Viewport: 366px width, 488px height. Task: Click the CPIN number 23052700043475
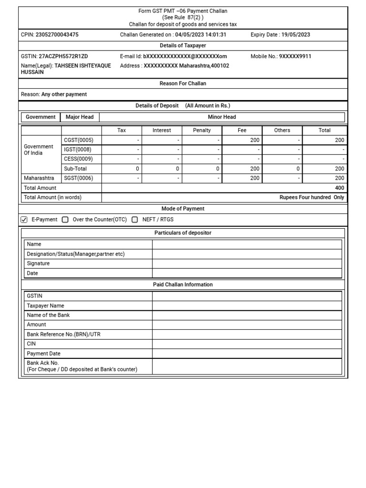tap(57, 35)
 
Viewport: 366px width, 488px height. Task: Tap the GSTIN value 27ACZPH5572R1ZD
tap(63, 56)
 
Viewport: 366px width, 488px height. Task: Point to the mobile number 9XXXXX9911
tap(295, 56)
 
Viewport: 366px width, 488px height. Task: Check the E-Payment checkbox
tap(25, 220)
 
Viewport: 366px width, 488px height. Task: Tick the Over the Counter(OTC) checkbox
tap(65, 220)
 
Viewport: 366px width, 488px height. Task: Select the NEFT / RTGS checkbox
tap(135, 220)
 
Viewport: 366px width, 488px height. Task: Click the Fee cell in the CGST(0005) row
tap(242, 140)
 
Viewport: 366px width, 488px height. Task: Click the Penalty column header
tap(202, 130)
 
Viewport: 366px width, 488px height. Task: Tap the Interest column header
tap(162, 130)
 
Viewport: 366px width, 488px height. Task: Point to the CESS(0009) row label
tap(79, 159)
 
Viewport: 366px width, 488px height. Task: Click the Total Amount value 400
tap(339, 188)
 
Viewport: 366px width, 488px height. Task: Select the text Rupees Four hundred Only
tap(312, 197)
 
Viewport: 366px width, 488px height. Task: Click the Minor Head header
tap(222, 117)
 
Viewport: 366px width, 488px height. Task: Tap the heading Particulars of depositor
tap(183, 233)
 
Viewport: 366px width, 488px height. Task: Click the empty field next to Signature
tap(247, 264)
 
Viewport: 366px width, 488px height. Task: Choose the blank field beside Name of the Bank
tap(247, 315)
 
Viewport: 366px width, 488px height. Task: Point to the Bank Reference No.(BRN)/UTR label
tap(64, 335)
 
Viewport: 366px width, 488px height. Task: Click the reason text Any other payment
tap(64, 94)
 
